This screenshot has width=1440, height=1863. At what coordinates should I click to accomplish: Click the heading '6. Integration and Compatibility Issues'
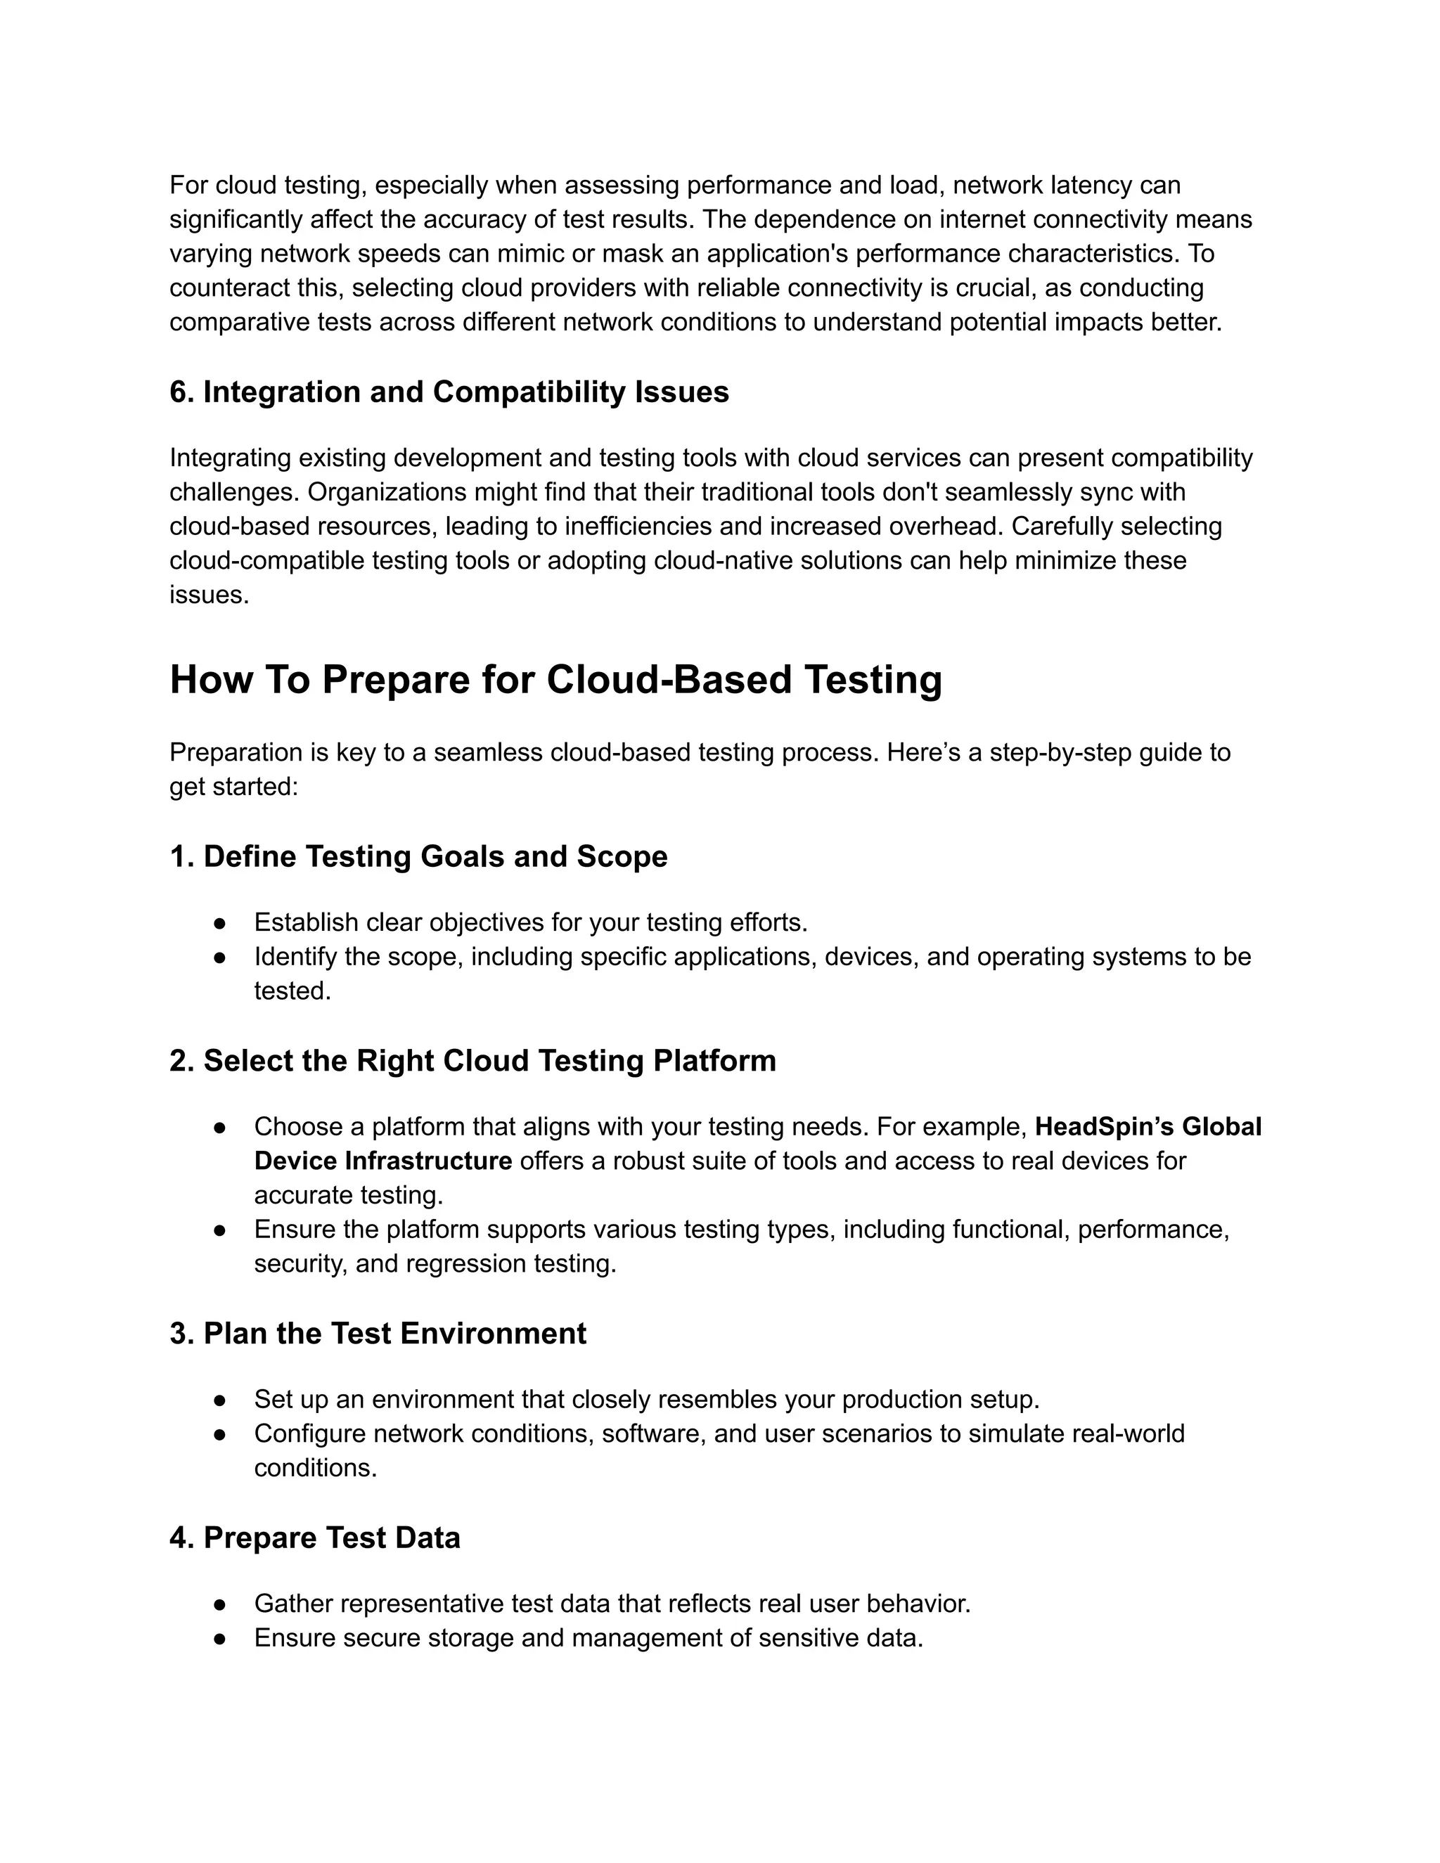[x=449, y=392]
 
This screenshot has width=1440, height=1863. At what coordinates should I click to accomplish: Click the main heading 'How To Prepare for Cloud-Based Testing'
[x=555, y=681]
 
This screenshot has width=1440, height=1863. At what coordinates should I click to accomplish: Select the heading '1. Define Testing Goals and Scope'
[x=418, y=856]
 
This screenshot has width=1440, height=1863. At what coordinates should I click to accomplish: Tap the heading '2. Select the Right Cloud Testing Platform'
[x=472, y=1060]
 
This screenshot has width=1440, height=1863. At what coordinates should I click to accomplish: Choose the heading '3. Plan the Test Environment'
[x=378, y=1333]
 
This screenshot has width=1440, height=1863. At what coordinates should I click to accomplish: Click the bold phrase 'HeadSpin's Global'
[x=1147, y=1127]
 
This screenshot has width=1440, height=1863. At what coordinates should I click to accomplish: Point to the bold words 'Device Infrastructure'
[x=383, y=1161]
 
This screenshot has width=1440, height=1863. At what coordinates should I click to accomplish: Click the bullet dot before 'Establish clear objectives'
[x=219, y=923]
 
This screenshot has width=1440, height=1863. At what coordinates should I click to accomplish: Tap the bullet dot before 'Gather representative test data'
[x=219, y=1604]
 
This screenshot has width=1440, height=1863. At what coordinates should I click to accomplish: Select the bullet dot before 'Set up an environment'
[x=219, y=1400]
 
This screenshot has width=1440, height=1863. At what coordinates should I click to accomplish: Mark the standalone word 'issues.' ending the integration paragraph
[x=209, y=595]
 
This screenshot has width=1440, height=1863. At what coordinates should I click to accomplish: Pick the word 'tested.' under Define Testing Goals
[x=292, y=991]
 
